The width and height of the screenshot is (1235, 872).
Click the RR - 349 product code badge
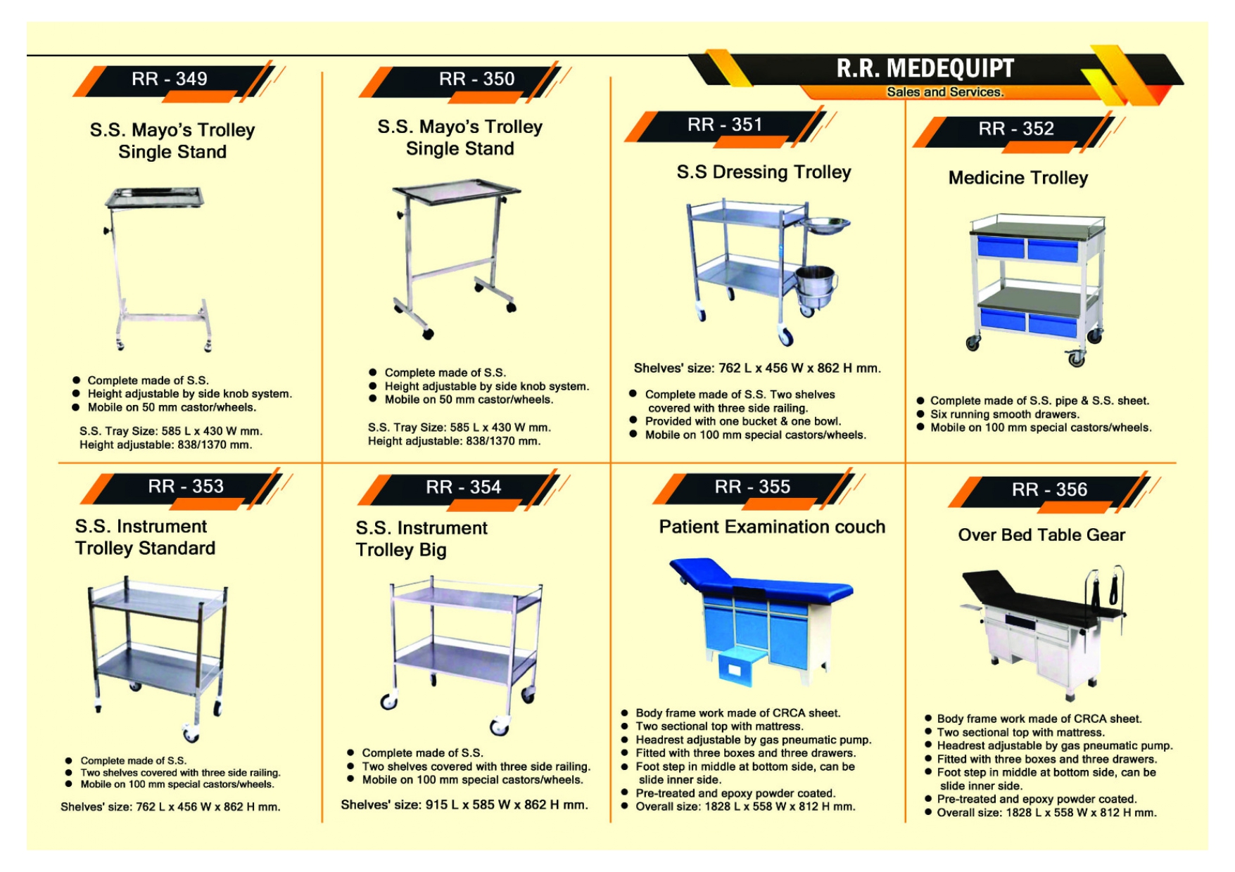(x=170, y=79)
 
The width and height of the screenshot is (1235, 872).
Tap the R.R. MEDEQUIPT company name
(x=925, y=68)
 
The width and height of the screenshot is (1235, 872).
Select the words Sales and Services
(x=944, y=92)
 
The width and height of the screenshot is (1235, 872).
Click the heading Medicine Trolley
(x=1018, y=178)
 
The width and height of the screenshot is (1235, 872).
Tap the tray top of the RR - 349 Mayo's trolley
(x=156, y=197)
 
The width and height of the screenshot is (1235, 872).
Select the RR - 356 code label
(x=1049, y=489)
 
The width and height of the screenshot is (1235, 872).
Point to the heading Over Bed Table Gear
(x=1041, y=535)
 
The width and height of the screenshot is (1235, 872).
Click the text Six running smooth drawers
(x=1004, y=414)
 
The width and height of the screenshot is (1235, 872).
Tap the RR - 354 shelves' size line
(x=464, y=804)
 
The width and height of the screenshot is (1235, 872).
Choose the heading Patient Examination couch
(x=771, y=527)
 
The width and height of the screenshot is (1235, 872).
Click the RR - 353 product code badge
(x=186, y=487)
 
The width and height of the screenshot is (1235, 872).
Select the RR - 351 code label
(x=725, y=124)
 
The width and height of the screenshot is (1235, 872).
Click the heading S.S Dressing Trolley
(x=764, y=172)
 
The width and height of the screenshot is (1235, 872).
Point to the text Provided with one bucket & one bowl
(x=742, y=421)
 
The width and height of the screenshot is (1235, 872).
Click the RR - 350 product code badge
(x=476, y=79)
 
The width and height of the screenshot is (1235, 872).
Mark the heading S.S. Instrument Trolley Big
(x=421, y=539)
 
